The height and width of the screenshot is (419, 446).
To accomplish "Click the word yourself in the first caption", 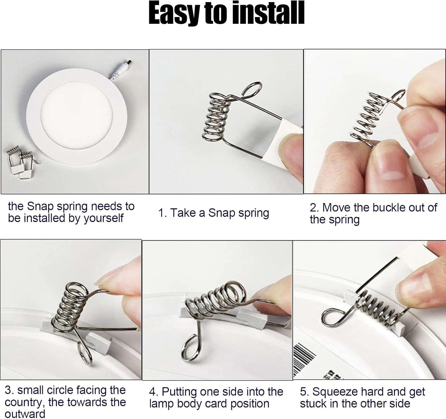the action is [x=103, y=218].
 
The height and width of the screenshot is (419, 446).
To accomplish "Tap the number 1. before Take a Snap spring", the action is [x=162, y=213].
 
